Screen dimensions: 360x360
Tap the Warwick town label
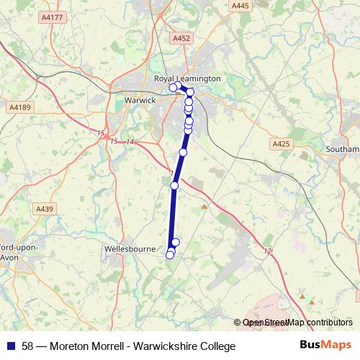(140, 100)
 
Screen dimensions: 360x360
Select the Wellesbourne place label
(130, 248)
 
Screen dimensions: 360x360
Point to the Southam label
(344, 149)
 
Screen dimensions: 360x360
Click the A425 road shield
(281, 144)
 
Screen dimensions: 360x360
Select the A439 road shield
(45, 209)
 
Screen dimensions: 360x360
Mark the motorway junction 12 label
(268, 251)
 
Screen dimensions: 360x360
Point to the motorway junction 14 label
(130, 142)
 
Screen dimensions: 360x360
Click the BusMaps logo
(325, 346)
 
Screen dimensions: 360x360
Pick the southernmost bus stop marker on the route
(170, 255)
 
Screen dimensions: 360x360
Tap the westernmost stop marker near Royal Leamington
(173, 87)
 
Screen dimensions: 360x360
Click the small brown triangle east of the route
(204, 207)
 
